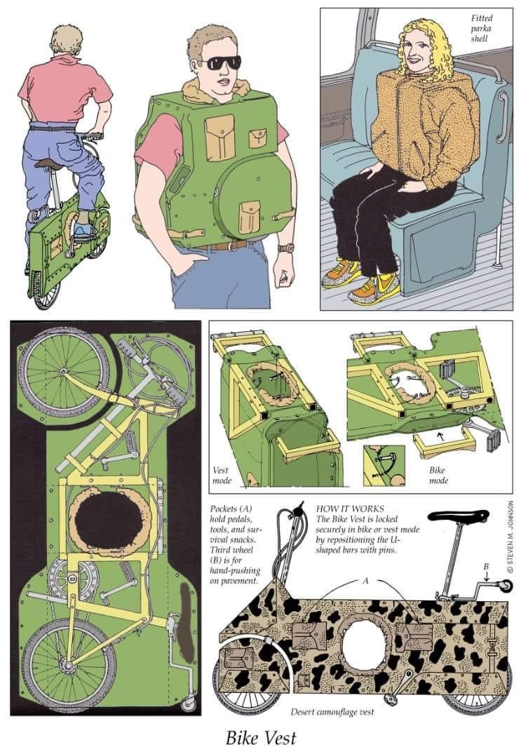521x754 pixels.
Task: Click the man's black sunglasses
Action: pos(220,63)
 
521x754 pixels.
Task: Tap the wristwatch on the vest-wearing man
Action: pos(286,248)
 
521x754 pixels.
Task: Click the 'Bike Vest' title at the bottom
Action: pos(261,738)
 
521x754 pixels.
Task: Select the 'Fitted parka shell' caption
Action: pos(481,28)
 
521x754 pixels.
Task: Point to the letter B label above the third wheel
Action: pos(486,567)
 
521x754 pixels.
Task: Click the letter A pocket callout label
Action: pos(365,581)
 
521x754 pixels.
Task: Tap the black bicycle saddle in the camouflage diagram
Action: pos(458,516)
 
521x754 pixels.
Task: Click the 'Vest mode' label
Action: pos(222,475)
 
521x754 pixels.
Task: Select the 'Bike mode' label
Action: pos(438,475)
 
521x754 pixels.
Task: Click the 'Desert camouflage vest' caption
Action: pos(332,712)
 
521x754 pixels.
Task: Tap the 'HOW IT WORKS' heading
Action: pos(350,509)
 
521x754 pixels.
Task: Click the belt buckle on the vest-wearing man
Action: pos(231,245)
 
